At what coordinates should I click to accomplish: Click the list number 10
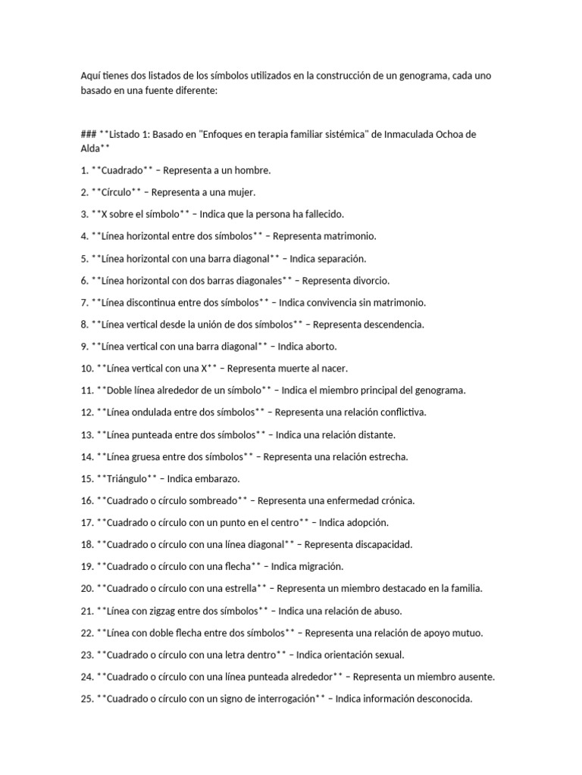(86, 368)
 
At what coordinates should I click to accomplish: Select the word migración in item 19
(321, 565)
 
